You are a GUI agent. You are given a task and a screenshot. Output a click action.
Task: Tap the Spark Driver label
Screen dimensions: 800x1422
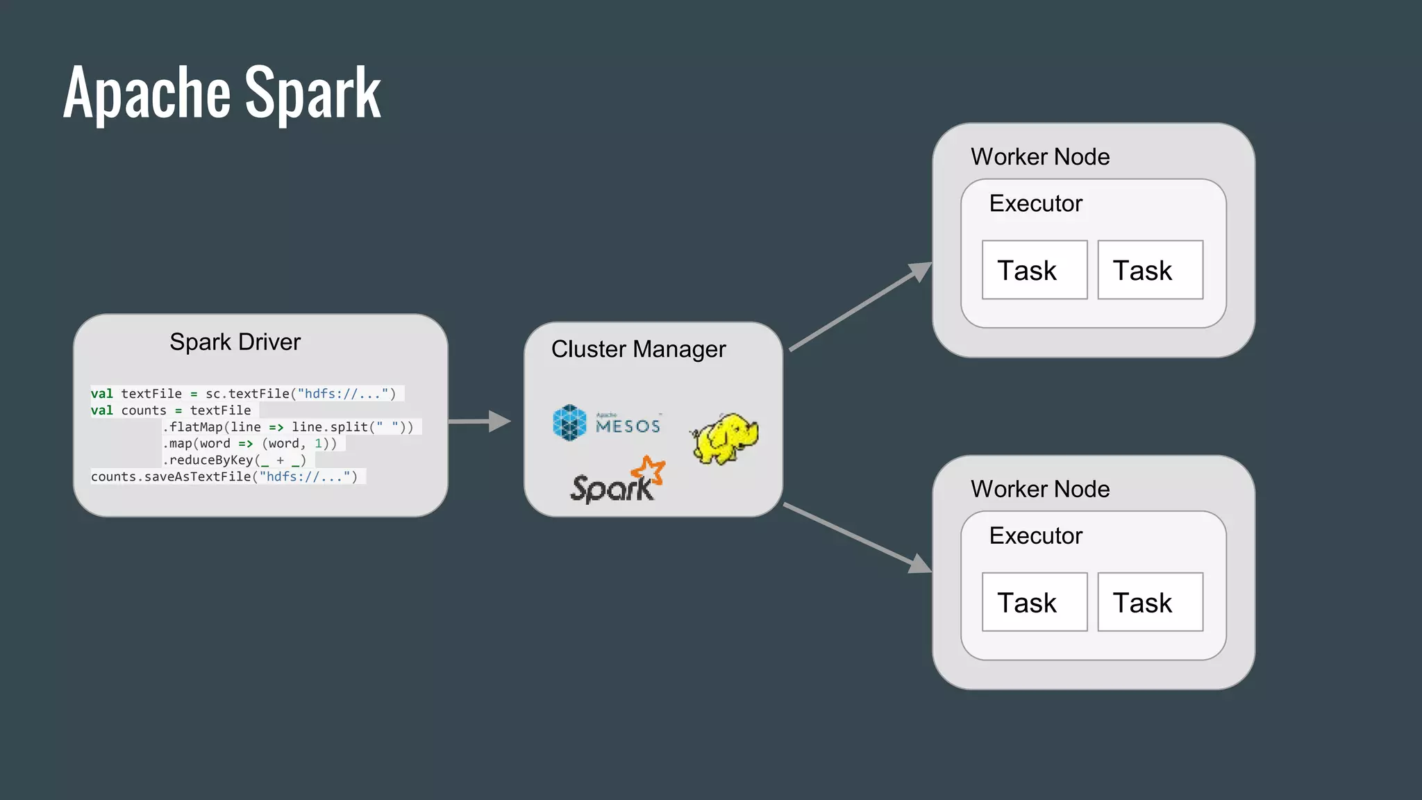click(235, 342)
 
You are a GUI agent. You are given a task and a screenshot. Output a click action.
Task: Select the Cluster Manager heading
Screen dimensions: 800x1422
click(638, 349)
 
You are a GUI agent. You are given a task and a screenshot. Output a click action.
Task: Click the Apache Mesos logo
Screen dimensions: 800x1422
click(607, 423)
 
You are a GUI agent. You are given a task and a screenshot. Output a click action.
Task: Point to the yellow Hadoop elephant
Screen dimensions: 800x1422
click(724, 438)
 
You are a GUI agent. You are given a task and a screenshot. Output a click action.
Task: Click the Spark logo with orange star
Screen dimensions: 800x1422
click(617, 481)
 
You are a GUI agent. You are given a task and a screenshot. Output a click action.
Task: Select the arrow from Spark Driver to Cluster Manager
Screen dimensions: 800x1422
click(479, 421)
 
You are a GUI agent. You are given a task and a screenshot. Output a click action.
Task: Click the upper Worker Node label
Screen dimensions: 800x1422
click(1039, 157)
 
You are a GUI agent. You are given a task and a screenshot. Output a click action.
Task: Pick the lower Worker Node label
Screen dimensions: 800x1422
click(1039, 489)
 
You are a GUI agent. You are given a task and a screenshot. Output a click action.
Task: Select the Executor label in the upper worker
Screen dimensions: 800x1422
click(1035, 203)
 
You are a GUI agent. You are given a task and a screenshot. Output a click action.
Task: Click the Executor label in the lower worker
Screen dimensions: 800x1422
click(1035, 535)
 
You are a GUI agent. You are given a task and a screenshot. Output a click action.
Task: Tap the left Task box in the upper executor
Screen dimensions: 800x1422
click(1034, 270)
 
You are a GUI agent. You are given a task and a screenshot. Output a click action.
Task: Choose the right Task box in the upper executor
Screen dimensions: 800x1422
click(1150, 270)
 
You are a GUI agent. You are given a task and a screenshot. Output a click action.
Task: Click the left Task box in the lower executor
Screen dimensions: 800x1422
click(1034, 602)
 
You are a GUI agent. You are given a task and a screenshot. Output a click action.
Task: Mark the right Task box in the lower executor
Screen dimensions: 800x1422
click(1150, 602)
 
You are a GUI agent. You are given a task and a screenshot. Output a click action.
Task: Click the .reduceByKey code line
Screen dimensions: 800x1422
click(235, 460)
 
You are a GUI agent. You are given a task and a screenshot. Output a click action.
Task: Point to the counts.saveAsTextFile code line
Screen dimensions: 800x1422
click(224, 476)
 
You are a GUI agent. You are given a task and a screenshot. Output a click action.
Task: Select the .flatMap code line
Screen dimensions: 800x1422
click(287, 426)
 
